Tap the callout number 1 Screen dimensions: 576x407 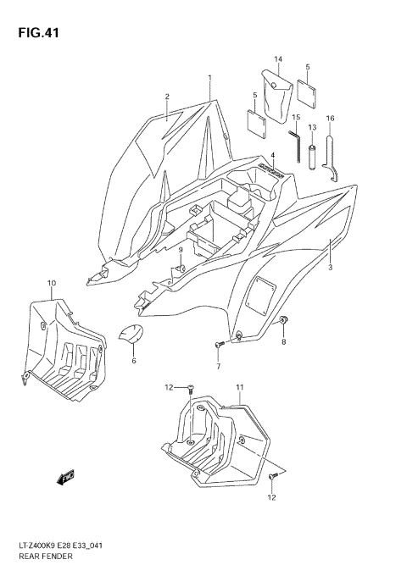tap(209, 78)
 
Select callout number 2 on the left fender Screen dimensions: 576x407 tap(167, 97)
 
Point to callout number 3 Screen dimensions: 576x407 tap(330, 268)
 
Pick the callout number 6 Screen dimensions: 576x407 tap(133, 361)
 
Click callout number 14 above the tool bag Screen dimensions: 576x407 tap(276, 58)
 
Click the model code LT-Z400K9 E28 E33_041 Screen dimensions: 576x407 tap(59, 548)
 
